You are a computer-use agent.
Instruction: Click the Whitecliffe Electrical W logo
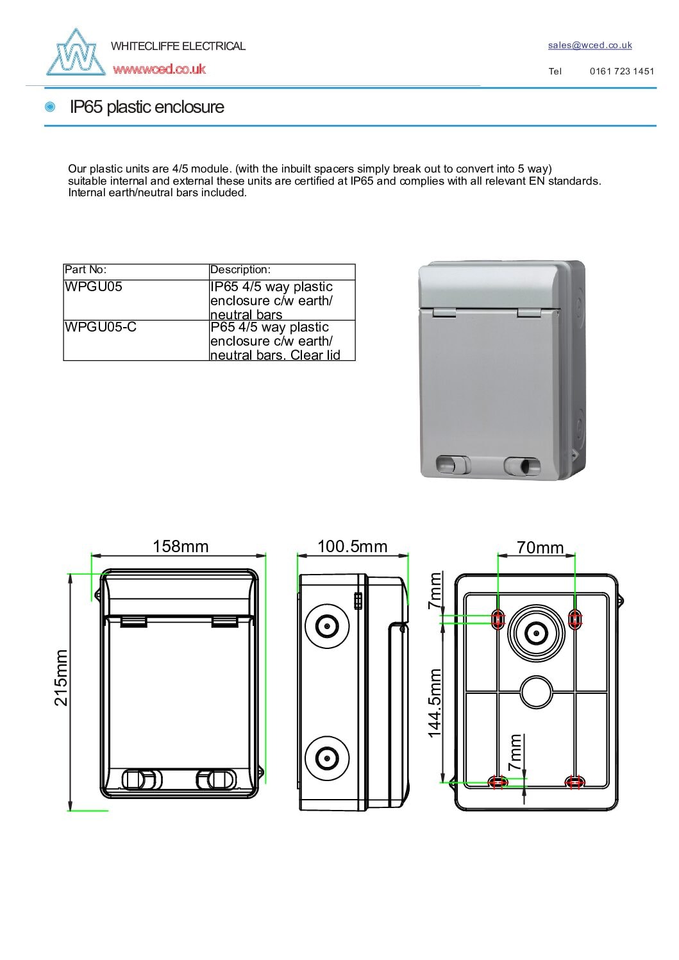click(76, 53)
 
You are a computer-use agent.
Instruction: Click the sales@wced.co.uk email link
click(590, 45)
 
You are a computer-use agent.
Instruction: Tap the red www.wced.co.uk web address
click(160, 69)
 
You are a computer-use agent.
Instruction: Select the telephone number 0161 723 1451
click(622, 71)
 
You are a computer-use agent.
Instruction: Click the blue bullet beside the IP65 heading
click(50, 107)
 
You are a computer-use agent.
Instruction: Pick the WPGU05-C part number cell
click(101, 327)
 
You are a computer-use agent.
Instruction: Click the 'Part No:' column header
click(86, 270)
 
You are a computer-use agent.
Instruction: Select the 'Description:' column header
click(240, 270)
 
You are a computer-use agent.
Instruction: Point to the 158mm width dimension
click(181, 546)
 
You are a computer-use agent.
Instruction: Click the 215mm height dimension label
click(61, 677)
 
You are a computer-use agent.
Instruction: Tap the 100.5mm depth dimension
click(353, 546)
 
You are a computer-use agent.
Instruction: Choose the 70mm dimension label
click(540, 548)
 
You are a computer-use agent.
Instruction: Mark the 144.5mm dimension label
click(435, 703)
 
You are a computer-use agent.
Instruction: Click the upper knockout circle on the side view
click(327, 626)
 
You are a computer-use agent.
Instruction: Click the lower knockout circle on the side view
click(327, 759)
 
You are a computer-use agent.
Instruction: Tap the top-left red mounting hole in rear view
click(498, 619)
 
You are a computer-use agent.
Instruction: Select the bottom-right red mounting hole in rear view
click(574, 782)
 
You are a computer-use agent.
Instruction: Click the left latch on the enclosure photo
click(453, 465)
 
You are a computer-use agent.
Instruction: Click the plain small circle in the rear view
click(536, 692)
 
